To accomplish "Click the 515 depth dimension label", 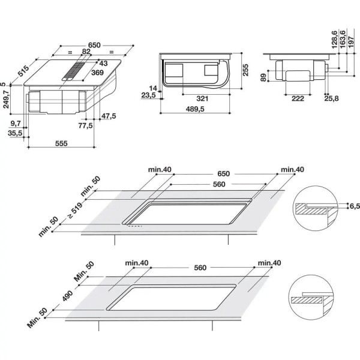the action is pos(23,71).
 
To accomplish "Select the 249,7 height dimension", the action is pos(6,99).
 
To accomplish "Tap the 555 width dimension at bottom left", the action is pos(61,143).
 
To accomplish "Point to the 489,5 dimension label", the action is pos(195,109).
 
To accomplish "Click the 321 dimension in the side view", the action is pos(202,98).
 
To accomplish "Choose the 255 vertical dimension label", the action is pos(245,70).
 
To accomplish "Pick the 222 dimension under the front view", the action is pos(298,98).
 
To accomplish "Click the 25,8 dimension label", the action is pos(332,98).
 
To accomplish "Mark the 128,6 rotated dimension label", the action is pos(335,40).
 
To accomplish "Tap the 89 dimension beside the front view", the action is pos(264,77).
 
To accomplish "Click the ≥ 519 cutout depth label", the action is pos(75,211).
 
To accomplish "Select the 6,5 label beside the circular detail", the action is pos(355,206).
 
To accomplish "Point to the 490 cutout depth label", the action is pos(67,295).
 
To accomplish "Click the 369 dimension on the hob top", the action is pos(98,73).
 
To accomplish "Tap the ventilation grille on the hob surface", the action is pos(74,71).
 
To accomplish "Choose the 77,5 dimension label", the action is pos(86,125).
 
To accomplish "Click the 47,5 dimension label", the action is pos(109,116).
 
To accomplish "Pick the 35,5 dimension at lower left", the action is pos(15,133).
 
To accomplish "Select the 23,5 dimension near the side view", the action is pos(148,95).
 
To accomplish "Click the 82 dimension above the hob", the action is pos(86,52).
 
